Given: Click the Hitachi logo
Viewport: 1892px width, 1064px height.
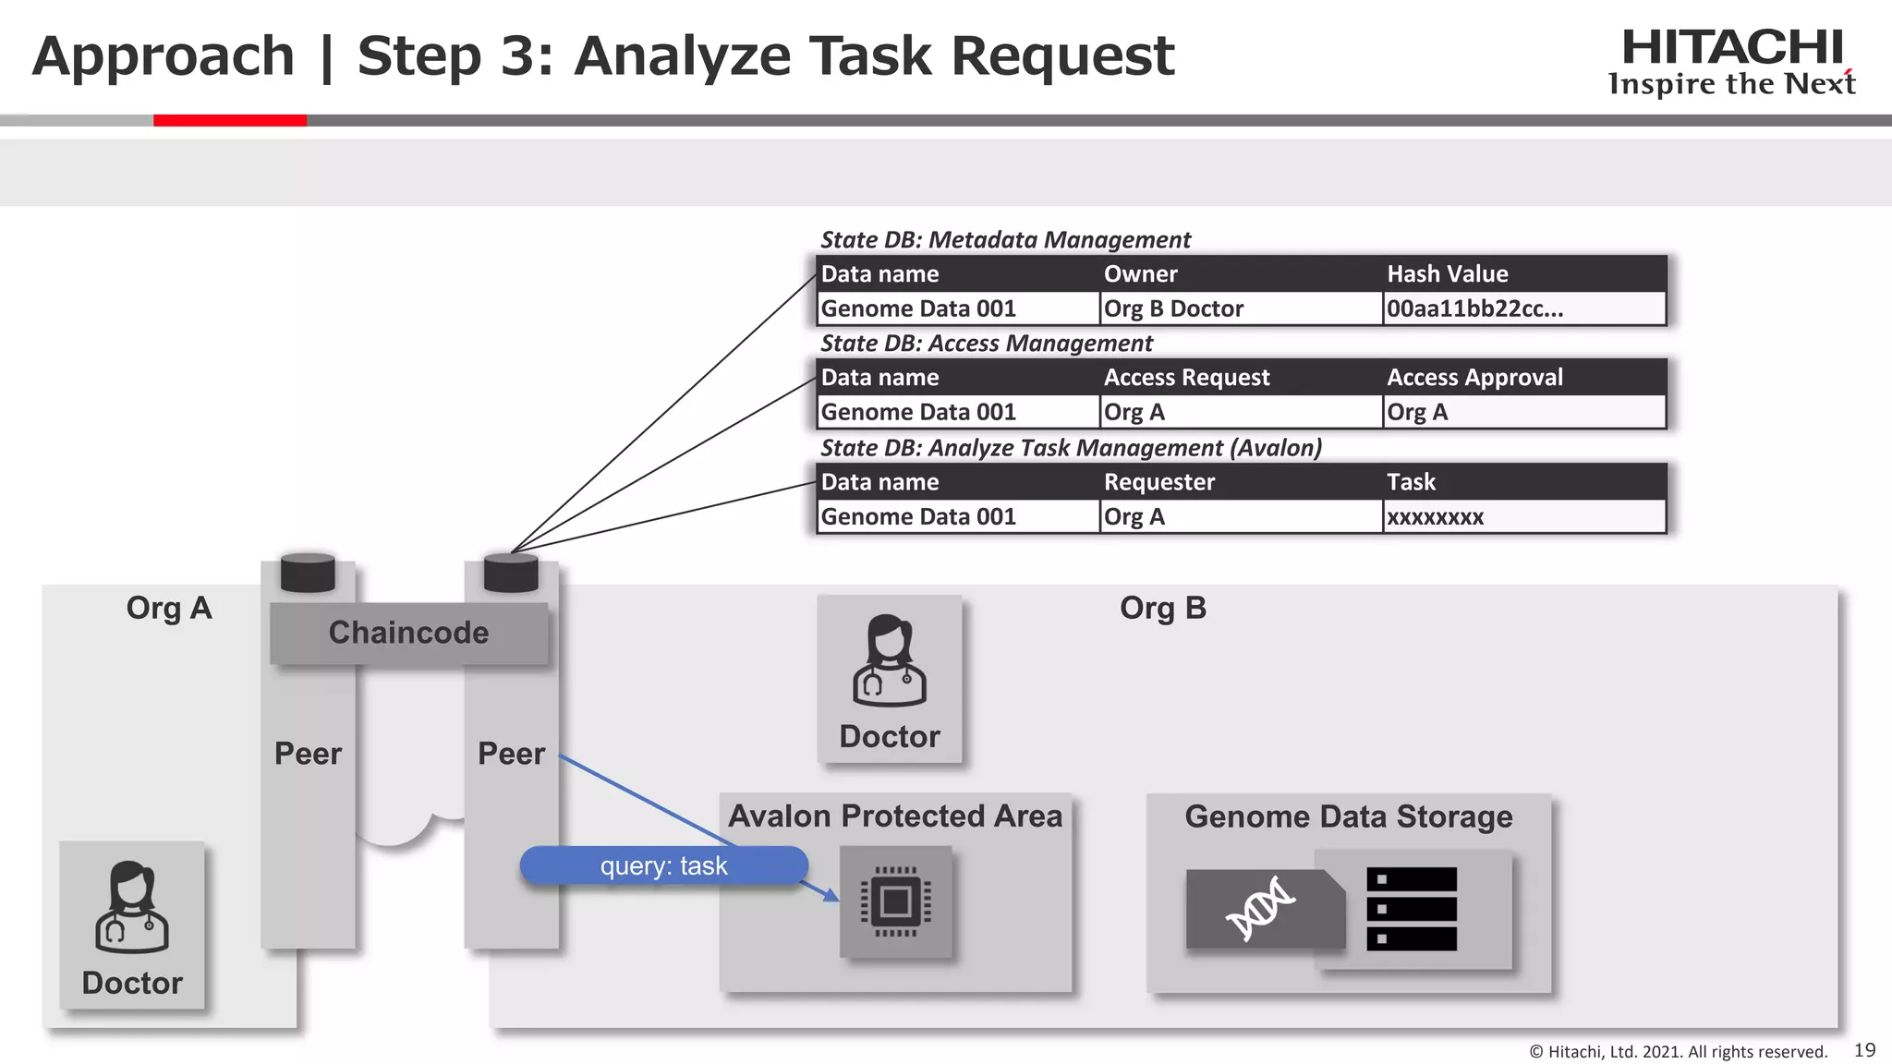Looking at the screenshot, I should [x=1731, y=61].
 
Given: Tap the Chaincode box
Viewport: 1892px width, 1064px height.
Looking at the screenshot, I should [x=408, y=633].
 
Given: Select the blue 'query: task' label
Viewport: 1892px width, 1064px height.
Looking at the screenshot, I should [x=663, y=865].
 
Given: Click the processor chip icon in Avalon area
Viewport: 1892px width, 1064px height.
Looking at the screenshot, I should [x=895, y=901].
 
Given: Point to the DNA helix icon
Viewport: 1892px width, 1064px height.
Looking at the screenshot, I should [x=1260, y=910].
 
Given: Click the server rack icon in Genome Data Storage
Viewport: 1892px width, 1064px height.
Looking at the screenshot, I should [x=1411, y=909].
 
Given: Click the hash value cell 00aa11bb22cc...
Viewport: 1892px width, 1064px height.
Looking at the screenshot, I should [x=1474, y=308].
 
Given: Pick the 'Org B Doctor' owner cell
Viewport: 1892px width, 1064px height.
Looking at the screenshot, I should [x=1173, y=308].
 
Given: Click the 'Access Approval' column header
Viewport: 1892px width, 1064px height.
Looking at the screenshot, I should [x=1474, y=377].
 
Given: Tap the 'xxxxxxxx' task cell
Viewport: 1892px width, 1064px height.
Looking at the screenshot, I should [x=1435, y=517].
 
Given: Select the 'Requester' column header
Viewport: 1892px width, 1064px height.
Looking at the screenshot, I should [x=1158, y=482].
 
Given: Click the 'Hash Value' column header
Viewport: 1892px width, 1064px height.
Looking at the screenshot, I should [x=1447, y=273].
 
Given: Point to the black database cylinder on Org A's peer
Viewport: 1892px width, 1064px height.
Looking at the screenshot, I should [x=308, y=573].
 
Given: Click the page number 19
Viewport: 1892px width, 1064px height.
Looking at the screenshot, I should [x=1864, y=1050].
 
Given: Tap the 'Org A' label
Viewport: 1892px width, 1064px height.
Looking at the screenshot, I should [x=169, y=609].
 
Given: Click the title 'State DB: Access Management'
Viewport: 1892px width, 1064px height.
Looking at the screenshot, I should [x=986, y=344].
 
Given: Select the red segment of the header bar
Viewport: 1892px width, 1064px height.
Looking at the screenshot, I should [x=229, y=120].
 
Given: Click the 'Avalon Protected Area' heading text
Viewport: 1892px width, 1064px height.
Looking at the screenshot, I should [x=894, y=816].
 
